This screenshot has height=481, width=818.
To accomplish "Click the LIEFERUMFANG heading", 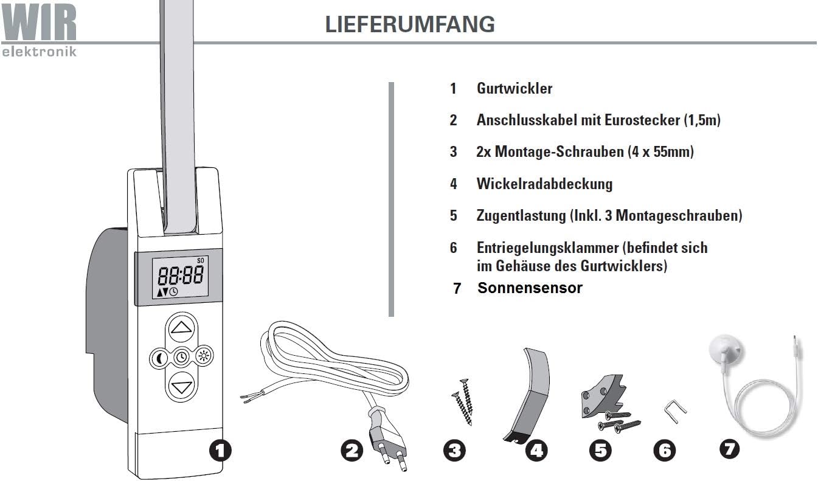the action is (410, 24).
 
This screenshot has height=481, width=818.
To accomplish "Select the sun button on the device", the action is (204, 356).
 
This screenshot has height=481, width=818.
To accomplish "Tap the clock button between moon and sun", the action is (181, 357).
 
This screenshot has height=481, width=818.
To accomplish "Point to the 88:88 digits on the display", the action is (181, 275).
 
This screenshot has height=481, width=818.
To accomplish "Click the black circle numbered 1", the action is (220, 451).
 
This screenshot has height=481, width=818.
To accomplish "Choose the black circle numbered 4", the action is (536, 451).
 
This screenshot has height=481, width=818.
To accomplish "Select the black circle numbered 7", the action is (729, 449).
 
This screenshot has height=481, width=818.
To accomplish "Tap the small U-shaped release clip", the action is (675, 411).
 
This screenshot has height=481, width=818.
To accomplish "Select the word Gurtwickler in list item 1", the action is (515, 88).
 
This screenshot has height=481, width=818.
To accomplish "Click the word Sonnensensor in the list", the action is (530, 288).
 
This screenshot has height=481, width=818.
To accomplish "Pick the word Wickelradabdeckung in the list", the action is (544, 184).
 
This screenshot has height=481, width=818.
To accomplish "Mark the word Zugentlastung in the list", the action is (521, 216).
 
